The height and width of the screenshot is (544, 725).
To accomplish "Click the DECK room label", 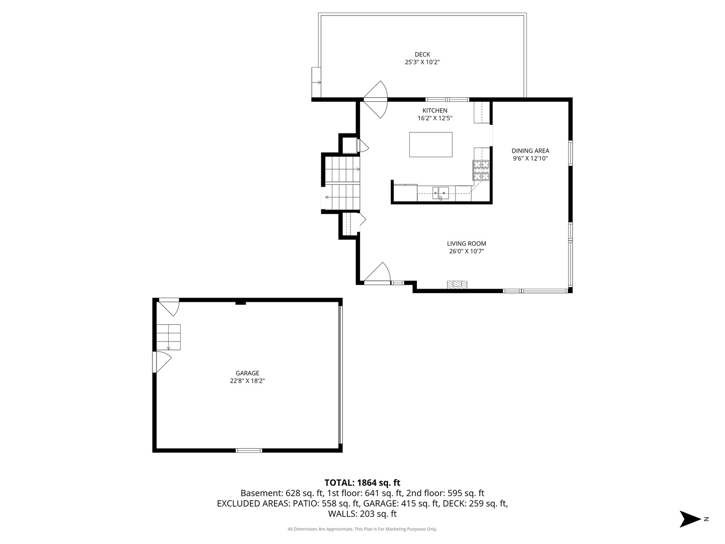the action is point(422,54).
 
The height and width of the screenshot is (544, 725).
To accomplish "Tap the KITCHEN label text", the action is point(434,110).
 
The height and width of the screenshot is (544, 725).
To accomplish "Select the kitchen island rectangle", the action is point(430,145).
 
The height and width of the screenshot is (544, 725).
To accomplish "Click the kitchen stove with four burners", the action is point(481,170).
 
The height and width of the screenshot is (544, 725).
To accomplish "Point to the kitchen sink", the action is point(441,193).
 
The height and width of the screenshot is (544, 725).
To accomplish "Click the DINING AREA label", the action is point(530,151).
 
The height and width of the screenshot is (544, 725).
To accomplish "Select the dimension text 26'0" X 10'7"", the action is point(466,251).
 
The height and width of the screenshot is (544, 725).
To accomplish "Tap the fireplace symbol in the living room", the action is point(457,285).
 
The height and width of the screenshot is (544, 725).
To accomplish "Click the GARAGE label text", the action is point(247,373).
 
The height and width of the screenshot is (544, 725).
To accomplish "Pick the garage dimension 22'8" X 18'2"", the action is point(247,380).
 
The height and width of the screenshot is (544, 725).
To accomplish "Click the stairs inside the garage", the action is point(169,337).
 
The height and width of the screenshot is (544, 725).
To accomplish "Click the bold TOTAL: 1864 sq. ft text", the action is point(362,483).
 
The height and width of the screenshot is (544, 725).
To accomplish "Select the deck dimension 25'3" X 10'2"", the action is point(422,62).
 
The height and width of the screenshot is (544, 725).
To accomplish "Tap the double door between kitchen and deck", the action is point(375,99).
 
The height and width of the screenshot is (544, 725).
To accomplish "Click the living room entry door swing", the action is point(377,273).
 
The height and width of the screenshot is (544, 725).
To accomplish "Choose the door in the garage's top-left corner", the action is point(169,307).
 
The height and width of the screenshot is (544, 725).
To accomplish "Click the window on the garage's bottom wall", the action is point(249,450).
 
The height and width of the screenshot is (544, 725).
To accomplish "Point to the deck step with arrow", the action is point(316,82).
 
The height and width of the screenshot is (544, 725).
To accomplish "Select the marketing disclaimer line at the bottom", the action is point(362,529).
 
